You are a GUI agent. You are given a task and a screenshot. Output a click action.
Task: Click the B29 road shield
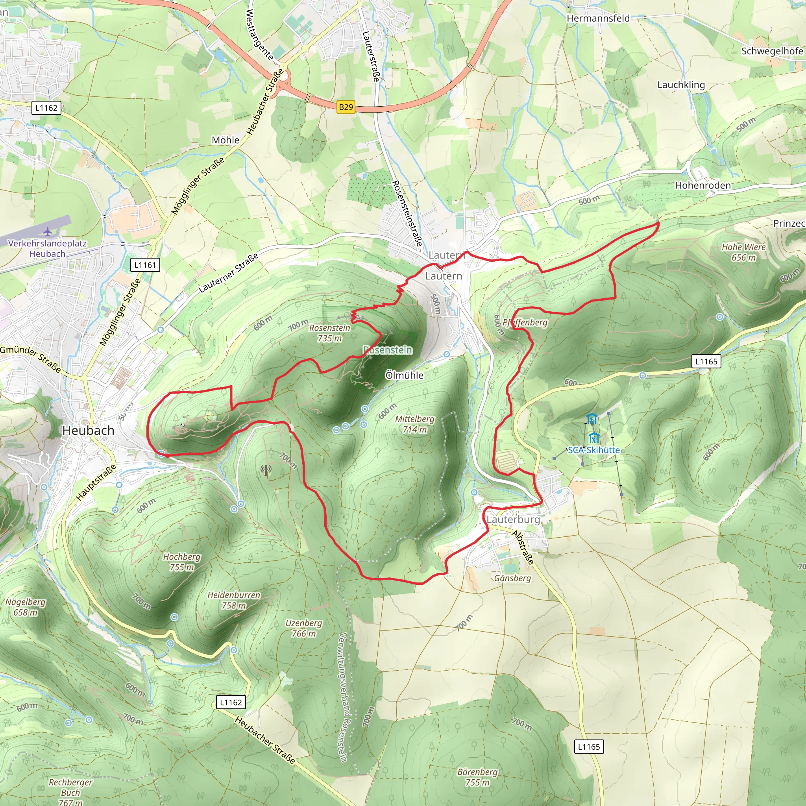[x=346, y=107]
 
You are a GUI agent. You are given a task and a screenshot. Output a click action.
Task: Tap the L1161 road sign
[x=145, y=265]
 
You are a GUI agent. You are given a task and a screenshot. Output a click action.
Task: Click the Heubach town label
[x=88, y=431]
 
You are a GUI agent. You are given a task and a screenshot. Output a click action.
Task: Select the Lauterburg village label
[x=513, y=519]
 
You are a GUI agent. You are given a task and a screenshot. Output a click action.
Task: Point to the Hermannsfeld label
[x=598, y=18]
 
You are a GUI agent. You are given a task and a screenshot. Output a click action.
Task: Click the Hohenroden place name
[x=702, y=185]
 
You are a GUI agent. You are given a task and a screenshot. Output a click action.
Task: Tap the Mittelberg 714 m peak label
[x=414, y=424]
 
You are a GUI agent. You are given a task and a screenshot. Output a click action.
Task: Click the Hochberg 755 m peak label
[x=181, y=562]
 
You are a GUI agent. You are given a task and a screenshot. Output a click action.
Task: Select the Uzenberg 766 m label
[x=304, y=628]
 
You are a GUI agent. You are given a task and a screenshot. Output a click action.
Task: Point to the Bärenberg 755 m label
[x=477, y=777]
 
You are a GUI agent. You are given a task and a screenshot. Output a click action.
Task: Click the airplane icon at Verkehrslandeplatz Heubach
[x=48, y=231]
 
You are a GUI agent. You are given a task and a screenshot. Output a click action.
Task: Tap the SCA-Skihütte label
[x=593, y=450]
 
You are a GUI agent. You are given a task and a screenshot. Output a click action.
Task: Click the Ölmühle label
[x=404, y=375]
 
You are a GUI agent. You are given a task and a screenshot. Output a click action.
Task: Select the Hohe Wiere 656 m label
[x=743, y=252]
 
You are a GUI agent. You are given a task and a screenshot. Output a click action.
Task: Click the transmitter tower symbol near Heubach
[x=266, y=471]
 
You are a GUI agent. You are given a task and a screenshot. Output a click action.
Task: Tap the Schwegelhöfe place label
[x=772, y=51]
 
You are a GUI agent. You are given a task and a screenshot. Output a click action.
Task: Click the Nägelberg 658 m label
[x=26, y=607]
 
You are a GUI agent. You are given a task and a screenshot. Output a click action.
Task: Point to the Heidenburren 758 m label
[x=234, y=600]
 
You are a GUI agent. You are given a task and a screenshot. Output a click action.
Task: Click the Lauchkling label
[x=681, y=85]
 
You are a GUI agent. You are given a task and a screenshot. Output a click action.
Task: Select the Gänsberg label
[x=512, y=578]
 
